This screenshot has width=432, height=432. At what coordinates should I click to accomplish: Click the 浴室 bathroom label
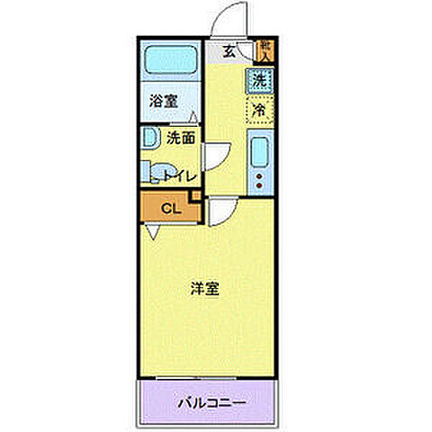click(164, 101)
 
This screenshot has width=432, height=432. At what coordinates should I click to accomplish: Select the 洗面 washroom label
click(181, 139)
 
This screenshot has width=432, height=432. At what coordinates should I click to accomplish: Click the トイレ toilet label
click(180, 176)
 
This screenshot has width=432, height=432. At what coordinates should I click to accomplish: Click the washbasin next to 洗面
click(147, 139)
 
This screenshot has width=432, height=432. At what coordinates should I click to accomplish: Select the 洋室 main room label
click(205, 289)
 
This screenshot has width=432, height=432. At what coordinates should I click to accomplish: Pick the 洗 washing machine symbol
click(258, 79)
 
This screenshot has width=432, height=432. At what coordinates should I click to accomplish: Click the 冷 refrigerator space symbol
click(258, 110)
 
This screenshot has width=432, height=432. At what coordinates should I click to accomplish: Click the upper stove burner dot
click(259, 175)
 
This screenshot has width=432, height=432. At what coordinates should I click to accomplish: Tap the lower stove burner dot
click(259, 185)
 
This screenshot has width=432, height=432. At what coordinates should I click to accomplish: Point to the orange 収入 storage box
click(265, 49)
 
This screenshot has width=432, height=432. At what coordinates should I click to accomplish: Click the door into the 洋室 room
click(220, 212)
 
